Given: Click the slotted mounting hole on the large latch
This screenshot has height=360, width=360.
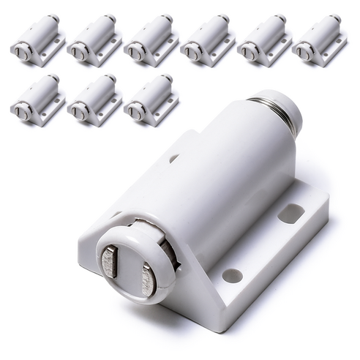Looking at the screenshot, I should pos(290,213).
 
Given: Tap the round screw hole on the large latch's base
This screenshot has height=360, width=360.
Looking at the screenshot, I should pos(233,275).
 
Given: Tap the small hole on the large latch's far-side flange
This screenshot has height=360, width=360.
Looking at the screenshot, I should pos(173,158).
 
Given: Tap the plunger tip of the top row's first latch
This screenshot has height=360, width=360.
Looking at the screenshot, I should pos(20,53).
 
